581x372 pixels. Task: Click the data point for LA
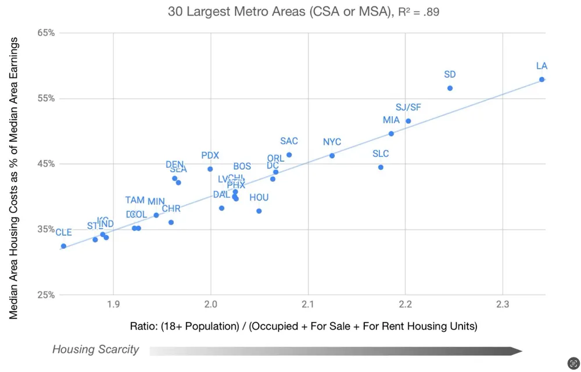541,80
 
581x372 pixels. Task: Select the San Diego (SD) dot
450,88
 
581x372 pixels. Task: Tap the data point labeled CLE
63,246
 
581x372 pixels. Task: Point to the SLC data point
381,167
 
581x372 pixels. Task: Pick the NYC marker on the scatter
332,156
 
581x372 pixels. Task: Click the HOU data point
259,211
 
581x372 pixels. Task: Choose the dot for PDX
210,169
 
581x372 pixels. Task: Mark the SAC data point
289,155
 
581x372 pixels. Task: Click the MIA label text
391,120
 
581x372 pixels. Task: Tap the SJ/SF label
408,108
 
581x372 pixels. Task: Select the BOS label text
242,166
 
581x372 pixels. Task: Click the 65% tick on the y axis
46,33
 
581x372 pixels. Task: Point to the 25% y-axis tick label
46,295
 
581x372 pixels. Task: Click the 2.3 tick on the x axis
503,304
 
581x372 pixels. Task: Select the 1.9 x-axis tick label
113,304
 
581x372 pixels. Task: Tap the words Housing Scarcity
95,349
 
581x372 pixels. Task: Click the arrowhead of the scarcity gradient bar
515,350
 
